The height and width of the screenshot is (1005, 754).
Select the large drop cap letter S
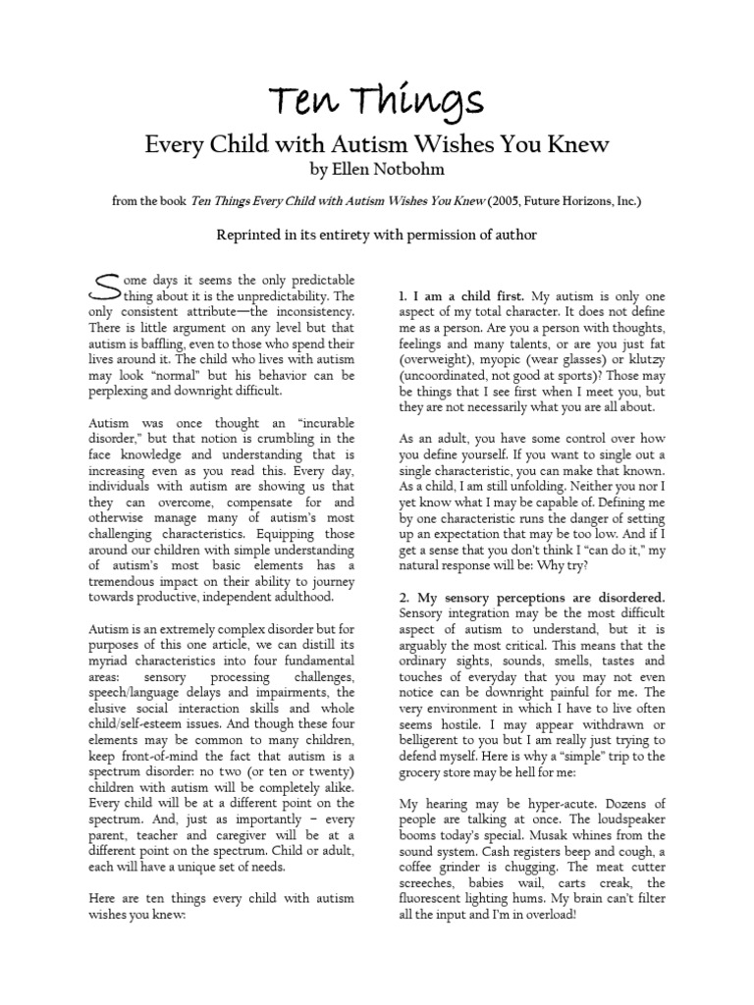tap(100, 288)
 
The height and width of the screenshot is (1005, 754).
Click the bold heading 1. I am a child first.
tap(462, 295)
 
